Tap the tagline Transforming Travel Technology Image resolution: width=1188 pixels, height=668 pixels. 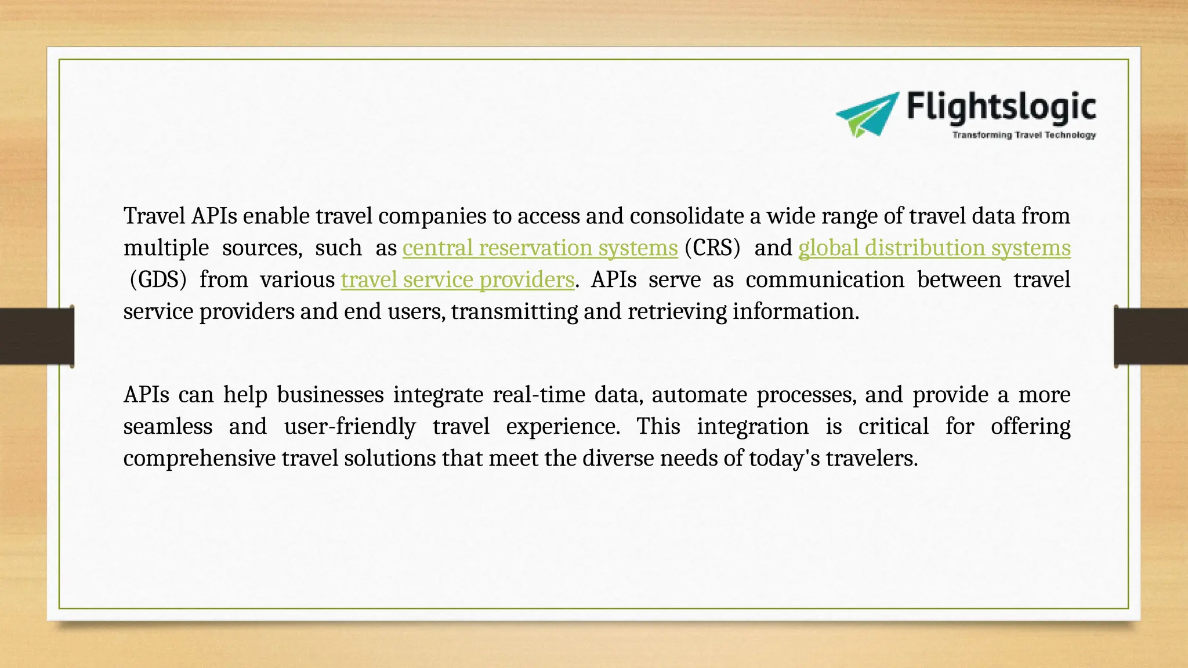click(1024, 135)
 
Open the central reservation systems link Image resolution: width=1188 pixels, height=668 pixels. click(540, 248)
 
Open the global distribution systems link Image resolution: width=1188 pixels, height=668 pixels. click(934, 248)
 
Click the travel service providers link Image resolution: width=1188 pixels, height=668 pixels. click(457, 280)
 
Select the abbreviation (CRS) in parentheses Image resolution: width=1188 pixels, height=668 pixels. click(712, 248)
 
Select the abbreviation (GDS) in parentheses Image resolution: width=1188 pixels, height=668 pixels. click(158, 280)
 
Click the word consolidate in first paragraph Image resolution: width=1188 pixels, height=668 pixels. click(687, 216)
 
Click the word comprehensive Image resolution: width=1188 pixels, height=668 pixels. click(200, 459)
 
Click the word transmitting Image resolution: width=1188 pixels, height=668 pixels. click(515, 312)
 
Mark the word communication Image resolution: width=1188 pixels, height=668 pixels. click(825, 280)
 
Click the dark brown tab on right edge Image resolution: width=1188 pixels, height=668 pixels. click(1151, 336)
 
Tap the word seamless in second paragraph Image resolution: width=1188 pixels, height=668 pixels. click(168, 427)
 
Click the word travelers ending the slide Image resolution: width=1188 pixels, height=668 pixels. click(871, 459)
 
